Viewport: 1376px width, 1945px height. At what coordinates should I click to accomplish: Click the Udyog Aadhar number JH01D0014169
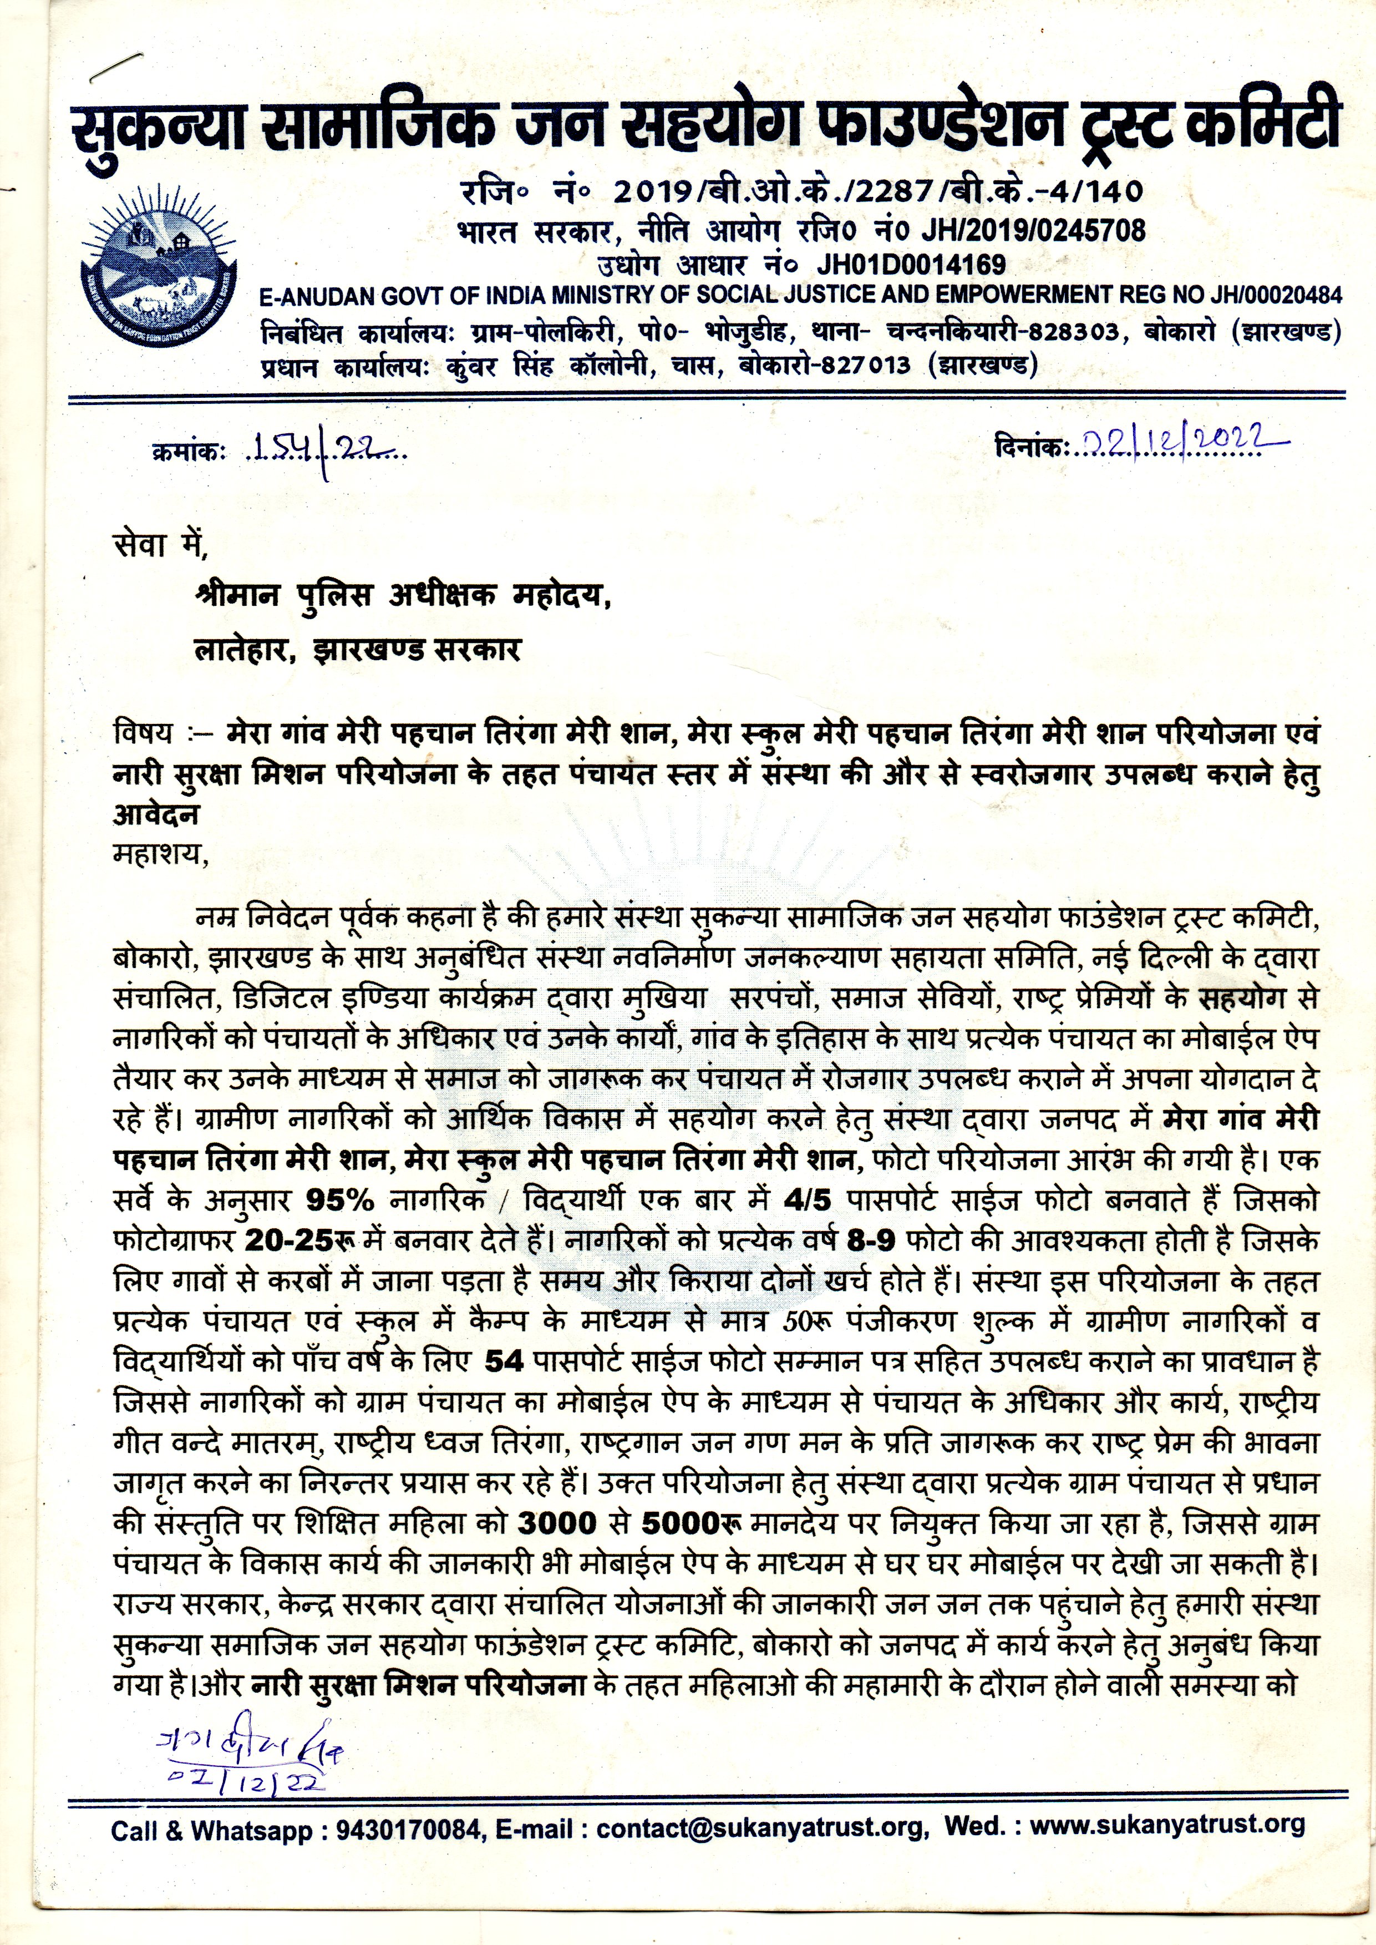coord(911,265)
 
